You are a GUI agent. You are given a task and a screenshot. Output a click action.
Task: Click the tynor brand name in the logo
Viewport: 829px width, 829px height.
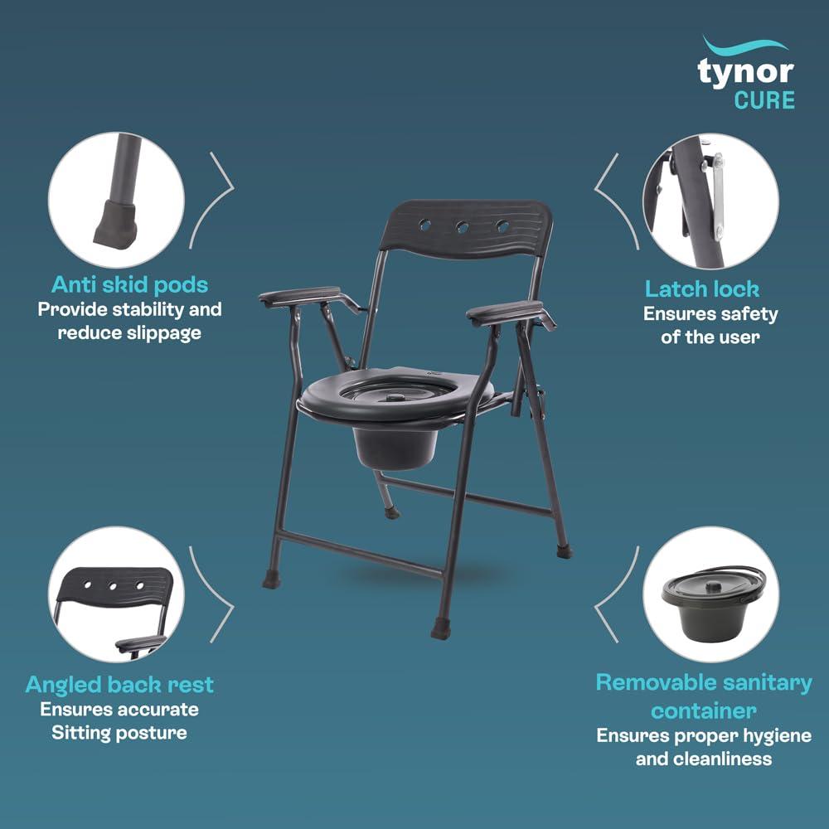click(746, 72)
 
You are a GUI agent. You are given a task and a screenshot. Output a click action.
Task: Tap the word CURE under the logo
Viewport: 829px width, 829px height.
click(764, 100)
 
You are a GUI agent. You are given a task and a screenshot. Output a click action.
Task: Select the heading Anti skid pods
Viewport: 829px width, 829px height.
click(129, 284)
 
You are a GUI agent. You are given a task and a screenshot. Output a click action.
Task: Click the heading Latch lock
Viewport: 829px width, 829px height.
click(702, 288)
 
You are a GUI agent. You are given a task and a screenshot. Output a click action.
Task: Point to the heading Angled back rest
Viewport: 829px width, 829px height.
click(119, 685)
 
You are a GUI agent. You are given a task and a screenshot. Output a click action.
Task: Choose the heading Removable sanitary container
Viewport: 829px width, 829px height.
click(704, 696)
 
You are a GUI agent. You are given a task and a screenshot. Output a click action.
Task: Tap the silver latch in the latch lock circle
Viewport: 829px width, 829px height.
click(715, 191)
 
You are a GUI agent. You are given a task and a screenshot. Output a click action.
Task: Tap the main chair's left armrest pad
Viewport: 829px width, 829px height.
click(299, 296)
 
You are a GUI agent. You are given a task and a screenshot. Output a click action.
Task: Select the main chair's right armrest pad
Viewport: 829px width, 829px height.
click(505, 313)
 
